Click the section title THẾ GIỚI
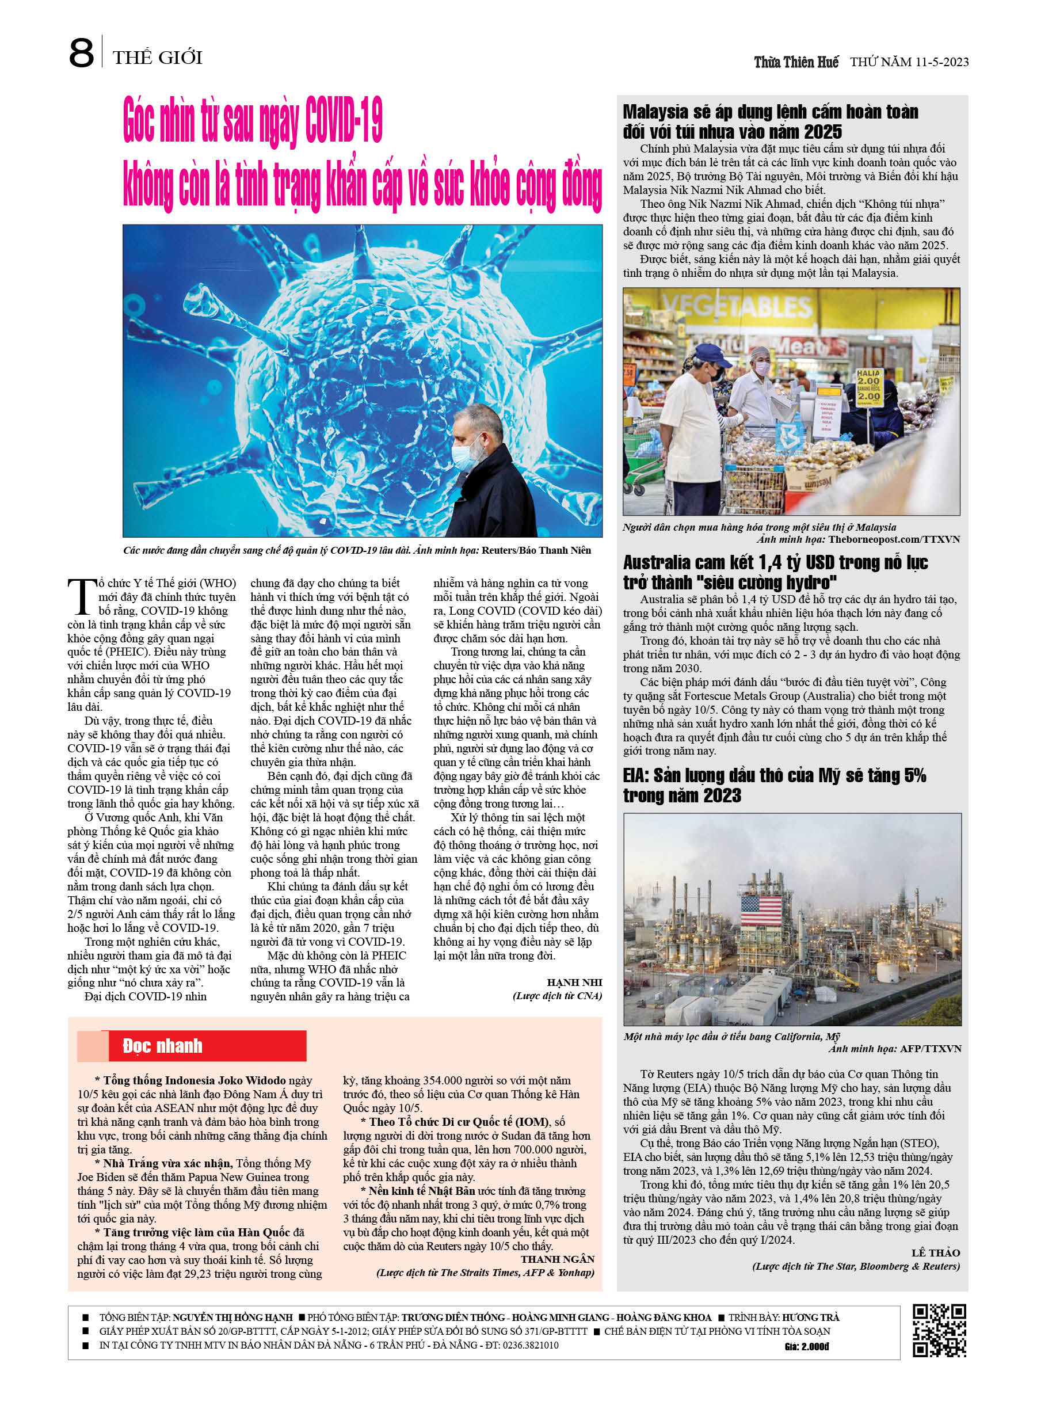(158, 58)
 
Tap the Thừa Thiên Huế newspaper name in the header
(796, 62)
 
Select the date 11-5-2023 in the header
(941, 62)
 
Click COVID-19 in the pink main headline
(344, 121)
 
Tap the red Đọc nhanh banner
(192, 1046)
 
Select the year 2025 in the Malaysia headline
(819, 132)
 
